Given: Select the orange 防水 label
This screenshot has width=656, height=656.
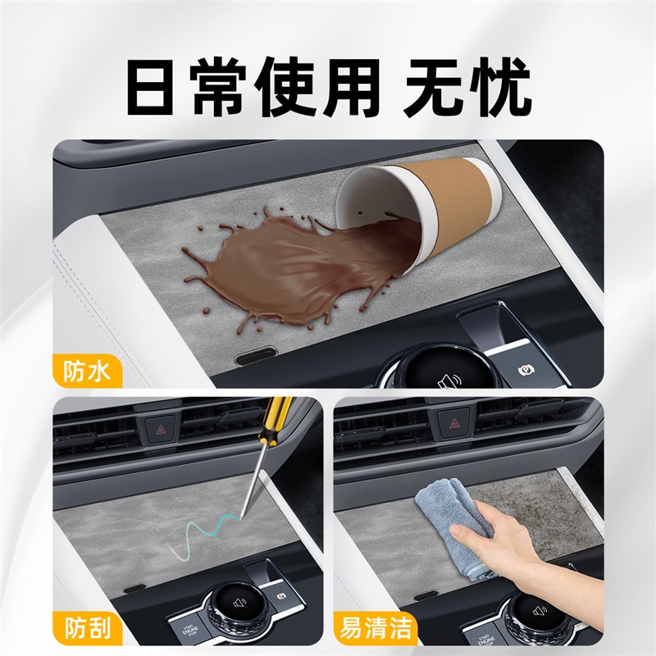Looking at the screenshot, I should point(86,371).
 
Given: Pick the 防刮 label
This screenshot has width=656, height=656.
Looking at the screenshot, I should point(86,629).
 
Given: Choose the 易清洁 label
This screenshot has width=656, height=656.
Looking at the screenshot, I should point(375,629).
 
